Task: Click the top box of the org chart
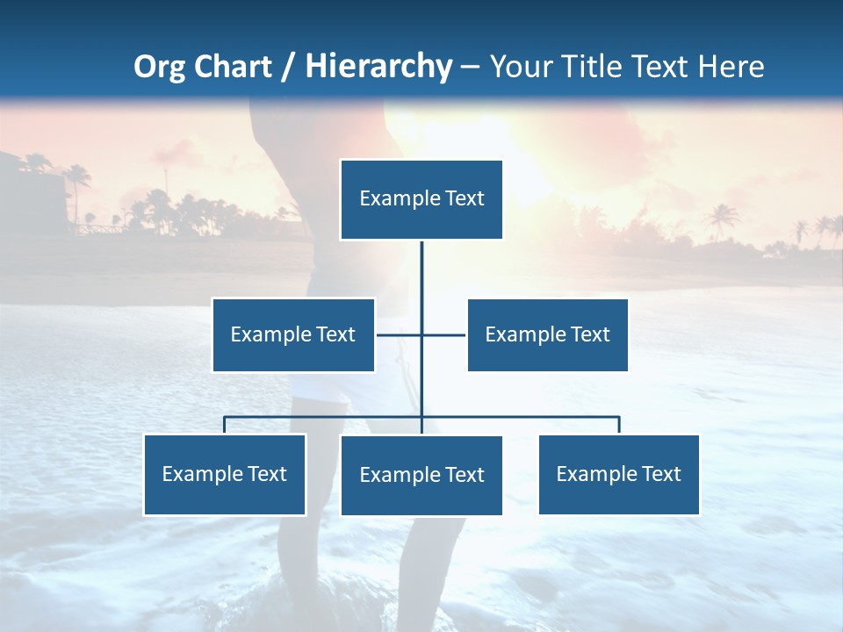(x=421, y=199)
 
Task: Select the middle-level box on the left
(x=293, y=334)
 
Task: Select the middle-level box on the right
(x=547, y=334)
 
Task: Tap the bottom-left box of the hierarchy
(x=225, y=474)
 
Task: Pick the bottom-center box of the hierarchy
(x=421, y=475)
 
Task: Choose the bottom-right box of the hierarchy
(x=619, y=474)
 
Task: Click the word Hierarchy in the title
(x=378, y=67)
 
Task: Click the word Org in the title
(x=159, y=67)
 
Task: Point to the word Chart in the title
(x=232, y=67)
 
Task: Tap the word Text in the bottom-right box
(x=660, y=474)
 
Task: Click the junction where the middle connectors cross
(x=421, y=334)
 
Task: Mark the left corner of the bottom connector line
(x=225, y=418)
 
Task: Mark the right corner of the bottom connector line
(x=619, y=418)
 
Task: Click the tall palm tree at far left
(x=78, y=180)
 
